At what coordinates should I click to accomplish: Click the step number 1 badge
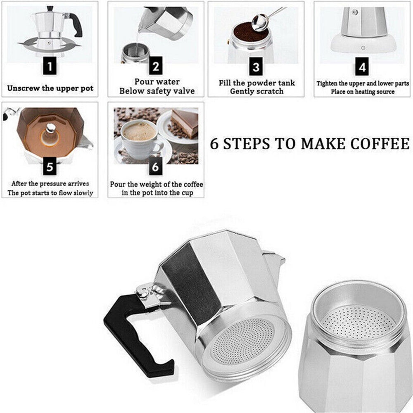(x=50, y=66)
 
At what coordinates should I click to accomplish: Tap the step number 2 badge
(x=155, y=66)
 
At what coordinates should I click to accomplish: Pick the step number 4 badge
(x=362, y=66)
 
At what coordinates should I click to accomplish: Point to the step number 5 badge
(x=50, y=167)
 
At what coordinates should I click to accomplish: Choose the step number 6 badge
(x=155, y=167)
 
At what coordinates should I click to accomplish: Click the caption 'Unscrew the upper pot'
(x=50, y=88)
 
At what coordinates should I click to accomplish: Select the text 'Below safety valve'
(x=157, y=91)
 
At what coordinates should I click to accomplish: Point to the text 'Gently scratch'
(x=257, y=91)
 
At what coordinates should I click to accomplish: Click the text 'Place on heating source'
(x=363, y=92)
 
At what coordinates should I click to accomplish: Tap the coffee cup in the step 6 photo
(x=140, y=138)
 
